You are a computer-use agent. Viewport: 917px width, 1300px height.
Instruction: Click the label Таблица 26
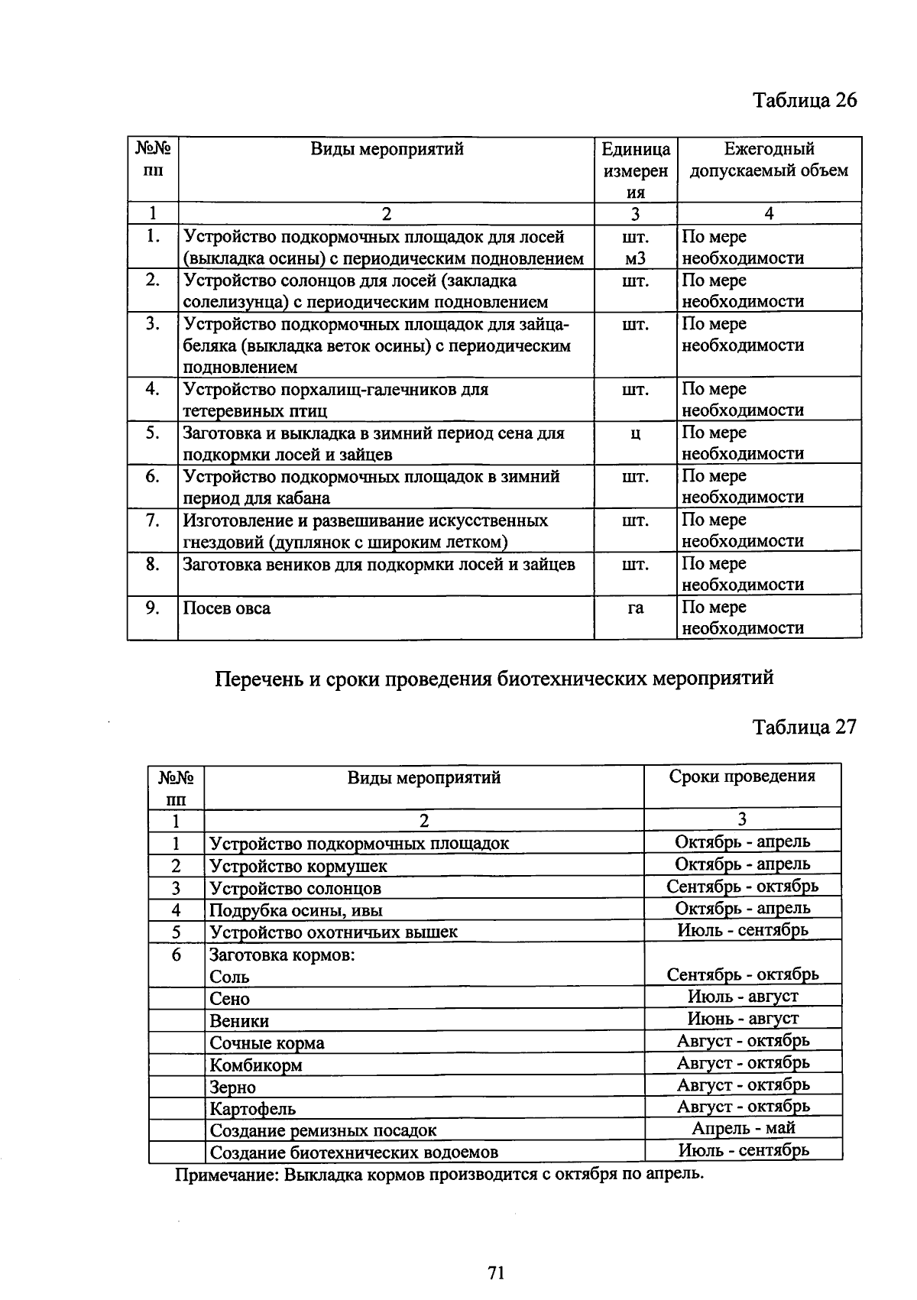(805, 100)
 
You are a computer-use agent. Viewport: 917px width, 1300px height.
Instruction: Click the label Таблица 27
(805, 726)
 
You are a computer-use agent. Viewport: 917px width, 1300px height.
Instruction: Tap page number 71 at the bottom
(496, 1273)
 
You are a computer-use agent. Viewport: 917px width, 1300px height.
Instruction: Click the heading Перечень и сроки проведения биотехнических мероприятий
(494, 678)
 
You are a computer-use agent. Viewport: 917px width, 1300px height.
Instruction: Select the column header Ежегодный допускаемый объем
(769, 160)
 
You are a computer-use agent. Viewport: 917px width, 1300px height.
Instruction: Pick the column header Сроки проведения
(742, 776)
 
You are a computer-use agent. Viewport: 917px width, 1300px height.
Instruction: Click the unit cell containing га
(635, 608)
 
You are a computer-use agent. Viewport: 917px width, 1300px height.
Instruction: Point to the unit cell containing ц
(635, 433)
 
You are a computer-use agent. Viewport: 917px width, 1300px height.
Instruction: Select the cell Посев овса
(226, 608)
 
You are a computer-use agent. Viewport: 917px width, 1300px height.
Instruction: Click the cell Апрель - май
(743, 1128)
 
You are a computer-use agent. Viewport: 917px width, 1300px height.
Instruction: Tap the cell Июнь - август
(743, 1019)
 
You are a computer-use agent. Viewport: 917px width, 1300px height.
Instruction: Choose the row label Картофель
(253, 1108)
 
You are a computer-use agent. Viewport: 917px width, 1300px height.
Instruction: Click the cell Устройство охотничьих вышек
(333, 932)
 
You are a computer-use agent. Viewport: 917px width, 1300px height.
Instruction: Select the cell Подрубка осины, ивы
(296, 910)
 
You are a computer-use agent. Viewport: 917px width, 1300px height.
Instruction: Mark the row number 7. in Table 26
(153, 520)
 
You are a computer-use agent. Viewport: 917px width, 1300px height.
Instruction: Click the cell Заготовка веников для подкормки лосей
(378, 565)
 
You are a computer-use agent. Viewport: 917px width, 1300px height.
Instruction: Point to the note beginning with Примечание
(439, 1174)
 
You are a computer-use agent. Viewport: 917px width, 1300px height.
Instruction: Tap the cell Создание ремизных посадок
(323, 1130)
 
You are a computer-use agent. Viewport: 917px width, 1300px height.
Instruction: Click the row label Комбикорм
(256, 1065)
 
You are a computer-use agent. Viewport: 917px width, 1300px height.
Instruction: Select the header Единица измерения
(635, 170)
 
